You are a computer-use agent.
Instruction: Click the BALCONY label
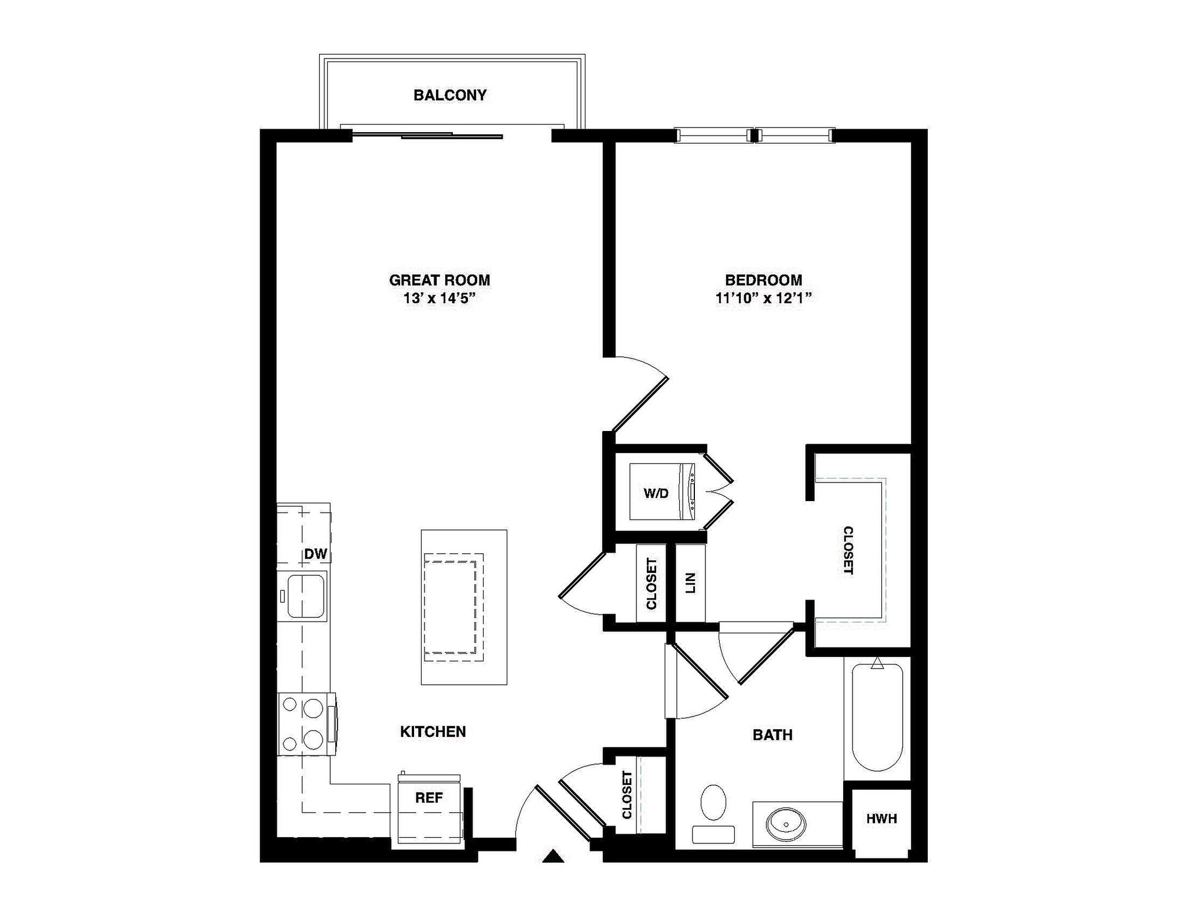pos(450,95)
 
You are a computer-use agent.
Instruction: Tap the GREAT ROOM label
pos(440,280)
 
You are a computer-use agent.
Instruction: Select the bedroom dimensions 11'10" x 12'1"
pos(763,298)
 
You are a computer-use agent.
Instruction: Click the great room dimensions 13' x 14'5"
pos(440,298)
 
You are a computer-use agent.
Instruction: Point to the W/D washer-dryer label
pos(656,493)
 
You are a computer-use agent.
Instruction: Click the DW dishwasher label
pos(316,554)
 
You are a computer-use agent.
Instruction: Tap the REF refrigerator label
pos(429,798)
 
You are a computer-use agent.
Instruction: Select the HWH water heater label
pos(881,819)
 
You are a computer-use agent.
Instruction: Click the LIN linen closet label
pos(690,583)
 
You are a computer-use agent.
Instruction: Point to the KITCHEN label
pos(433,732)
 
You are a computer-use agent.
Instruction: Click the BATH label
pos(773,735)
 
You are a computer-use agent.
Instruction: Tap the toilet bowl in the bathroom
pos(713,803)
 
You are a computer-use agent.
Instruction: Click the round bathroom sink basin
pos(786,823)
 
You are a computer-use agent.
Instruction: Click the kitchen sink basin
pos(305,596)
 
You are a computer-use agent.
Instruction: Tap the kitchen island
pos(464,607)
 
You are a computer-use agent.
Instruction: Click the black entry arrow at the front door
pos(553,857)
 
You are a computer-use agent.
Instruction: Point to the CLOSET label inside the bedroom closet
pos(848,550)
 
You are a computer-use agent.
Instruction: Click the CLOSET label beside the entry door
pos(627,795)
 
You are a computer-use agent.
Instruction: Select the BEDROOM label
pos(763,280)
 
